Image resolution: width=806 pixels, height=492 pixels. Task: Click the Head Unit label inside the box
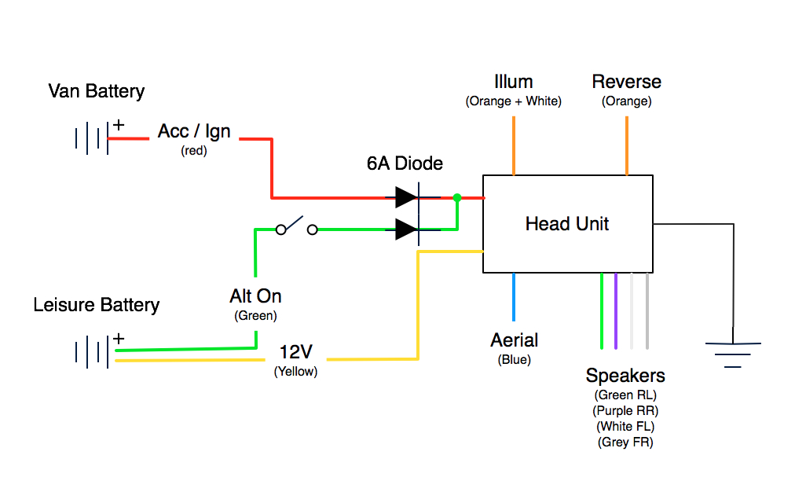point(567,224)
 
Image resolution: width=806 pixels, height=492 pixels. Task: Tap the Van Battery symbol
point(92,139)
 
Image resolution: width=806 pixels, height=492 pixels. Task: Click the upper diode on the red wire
point(407,197)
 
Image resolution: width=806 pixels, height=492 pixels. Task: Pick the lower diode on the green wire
point(407,229)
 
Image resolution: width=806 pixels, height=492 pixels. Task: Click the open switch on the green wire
point(296,228)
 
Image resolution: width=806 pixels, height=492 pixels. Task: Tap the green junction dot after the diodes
point(456,197)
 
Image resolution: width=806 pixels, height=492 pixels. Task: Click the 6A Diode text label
point(405,163)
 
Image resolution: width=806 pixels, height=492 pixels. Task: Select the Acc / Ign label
point(194,131)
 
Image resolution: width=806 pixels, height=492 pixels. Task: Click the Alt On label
point(255,296)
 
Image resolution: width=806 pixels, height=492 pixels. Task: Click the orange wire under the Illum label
point(514,145)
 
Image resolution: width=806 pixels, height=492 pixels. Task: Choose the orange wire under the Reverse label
point(627,145)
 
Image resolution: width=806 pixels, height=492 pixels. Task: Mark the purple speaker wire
point(617,310)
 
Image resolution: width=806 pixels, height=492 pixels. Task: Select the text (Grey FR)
point(625,442)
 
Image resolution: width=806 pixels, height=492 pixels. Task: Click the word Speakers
point(625,376)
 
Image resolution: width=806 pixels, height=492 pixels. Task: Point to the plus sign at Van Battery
point(119,124)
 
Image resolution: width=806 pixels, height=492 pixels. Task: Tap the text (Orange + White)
point(514,101)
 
